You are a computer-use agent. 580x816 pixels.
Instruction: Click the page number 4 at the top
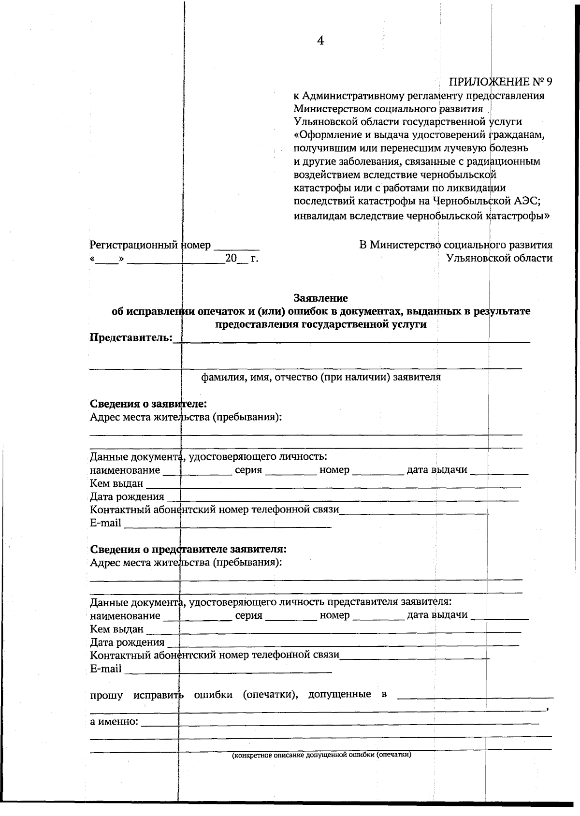click(320, 41)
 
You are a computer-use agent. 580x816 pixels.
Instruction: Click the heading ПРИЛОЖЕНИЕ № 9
click(501, 81)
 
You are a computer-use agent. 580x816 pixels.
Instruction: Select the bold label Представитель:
click(131, 337)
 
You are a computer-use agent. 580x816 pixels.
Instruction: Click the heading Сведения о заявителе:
click(148, 404)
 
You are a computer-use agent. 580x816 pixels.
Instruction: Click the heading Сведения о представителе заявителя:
click(188, 549)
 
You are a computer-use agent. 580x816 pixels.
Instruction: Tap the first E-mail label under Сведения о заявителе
click(105, 523)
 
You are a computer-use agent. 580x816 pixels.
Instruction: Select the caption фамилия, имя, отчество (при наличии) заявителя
click(320, 377)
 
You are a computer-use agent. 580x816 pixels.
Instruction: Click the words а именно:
click(114, 722)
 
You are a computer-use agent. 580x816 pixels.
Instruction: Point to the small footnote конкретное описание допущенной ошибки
click(321, 755)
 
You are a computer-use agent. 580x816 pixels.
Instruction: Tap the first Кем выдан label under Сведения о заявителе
click(116, 483)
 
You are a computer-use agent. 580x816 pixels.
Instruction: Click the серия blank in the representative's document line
click(291, 617)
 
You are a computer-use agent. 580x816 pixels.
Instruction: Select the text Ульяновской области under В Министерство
click(499, 258)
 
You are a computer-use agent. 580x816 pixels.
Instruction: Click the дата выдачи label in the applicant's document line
click(437, 470)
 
